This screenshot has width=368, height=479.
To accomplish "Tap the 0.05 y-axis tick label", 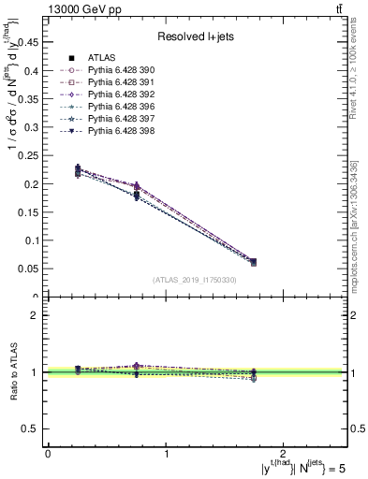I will click(30, 269).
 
